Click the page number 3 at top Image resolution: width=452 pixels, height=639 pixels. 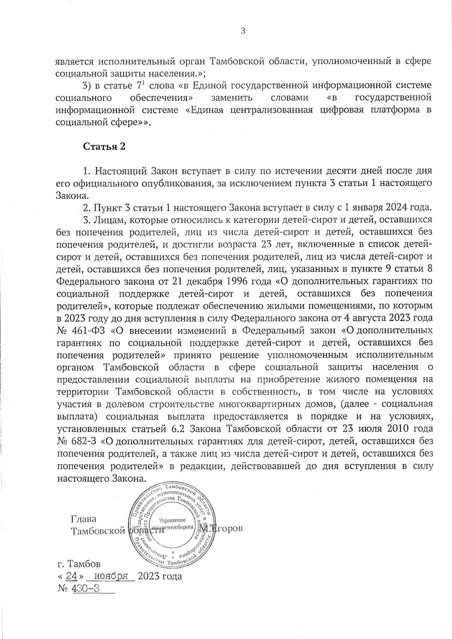click(243, 31)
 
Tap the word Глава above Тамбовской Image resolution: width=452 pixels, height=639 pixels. click(84, 519)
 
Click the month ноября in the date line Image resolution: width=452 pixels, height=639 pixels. click(110, 576)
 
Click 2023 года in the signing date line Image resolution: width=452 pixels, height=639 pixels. click(160, 576)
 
